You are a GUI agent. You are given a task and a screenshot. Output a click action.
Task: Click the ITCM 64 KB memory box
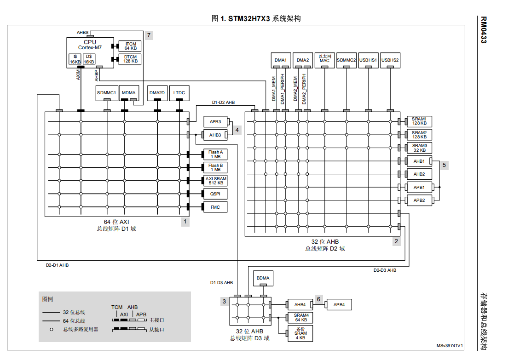[131, 46]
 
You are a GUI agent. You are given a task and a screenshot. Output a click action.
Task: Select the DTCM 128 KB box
[131, 59]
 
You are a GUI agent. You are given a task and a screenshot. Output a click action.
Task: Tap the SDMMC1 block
[107, 93]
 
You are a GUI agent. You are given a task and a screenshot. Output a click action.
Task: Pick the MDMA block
[128, 93]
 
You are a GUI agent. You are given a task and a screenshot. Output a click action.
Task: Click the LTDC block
[179, 93]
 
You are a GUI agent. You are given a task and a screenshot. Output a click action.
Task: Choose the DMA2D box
[157, 93]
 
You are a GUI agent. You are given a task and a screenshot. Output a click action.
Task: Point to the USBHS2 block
[390, 60]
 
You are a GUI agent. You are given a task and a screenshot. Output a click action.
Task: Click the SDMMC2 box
[346, 60]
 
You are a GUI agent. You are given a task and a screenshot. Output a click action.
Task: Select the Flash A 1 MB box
[215, 154]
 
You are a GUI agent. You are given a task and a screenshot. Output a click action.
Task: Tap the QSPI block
[215, 194]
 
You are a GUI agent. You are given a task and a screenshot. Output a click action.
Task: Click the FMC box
[215, 207]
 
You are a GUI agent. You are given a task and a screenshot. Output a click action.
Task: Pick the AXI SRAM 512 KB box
[215, 181]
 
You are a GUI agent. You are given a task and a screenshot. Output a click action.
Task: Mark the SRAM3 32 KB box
[419, 148]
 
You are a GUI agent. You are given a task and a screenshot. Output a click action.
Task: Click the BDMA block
[263, 278]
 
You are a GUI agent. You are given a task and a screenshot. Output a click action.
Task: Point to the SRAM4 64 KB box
[300, 318]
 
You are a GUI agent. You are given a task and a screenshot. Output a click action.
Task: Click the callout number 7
[149, 35]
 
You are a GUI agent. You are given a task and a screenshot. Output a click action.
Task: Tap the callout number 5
[444, 165]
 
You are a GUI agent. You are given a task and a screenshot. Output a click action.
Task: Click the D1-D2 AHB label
[223, 103]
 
